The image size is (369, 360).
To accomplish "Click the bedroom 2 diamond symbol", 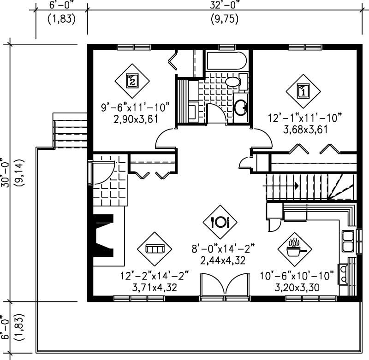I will pyautogui.click(x=132, y=81).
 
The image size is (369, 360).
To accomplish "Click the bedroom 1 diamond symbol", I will pyautogui.click(x=303, y=90).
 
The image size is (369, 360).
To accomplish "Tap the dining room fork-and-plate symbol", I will pyautogui.click(x=220, y=222).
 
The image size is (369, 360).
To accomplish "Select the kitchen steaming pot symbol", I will pyautogui.click(x=294, y=249).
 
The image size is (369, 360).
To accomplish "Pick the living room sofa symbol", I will pyautogui.click(x=155, y=249).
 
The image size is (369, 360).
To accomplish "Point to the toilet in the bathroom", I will pyautogui.click(x=234, y=83).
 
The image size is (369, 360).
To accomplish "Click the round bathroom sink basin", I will pyautogui.click(x=241, y=107).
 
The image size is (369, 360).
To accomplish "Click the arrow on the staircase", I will pyautogui.click(x=295, y=185).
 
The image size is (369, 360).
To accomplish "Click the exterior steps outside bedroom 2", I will pyautogui.click(x=69, y=130).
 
